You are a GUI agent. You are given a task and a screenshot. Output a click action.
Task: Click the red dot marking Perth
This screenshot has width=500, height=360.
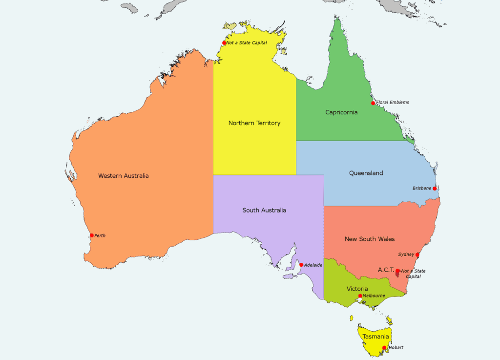(x=92, y=235)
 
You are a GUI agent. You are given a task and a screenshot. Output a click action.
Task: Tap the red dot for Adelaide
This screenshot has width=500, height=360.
(x=301, y=265)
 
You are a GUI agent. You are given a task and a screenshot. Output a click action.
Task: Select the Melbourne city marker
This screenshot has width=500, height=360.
(x=360, y=296)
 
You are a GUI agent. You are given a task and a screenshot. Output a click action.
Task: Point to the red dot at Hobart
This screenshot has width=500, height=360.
(x=384, y=348)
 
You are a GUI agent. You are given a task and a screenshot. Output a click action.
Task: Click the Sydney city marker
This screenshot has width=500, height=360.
(x=417, y=254)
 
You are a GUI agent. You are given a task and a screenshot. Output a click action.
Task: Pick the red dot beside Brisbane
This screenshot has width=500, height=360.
(x=435, y=189)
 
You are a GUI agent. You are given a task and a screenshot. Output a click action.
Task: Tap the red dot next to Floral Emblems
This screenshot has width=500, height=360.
(x=373, y=103)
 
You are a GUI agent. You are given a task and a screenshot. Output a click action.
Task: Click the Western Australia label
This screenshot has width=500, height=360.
(x=123, y=176)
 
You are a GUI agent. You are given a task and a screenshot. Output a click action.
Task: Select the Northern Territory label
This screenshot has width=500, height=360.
(x=254, y=123)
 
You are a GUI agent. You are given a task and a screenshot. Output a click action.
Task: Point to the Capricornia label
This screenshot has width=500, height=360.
(x=341, y=112)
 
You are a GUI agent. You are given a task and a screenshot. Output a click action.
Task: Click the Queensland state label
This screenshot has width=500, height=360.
(x=366, y=173)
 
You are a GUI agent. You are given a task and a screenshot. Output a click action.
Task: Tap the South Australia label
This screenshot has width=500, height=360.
(x=264, y=211)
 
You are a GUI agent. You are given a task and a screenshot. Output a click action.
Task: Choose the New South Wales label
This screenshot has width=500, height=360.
(x=369, y=239)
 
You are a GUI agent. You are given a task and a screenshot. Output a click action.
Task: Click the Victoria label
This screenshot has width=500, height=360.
(x=357, y=289)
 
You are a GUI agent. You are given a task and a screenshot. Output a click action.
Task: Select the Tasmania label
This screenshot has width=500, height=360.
(x=375, y=337)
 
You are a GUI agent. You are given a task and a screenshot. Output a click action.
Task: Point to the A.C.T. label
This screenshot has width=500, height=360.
(x=386, y=270)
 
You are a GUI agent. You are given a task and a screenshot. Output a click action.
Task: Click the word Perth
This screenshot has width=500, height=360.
(x=100, y=235)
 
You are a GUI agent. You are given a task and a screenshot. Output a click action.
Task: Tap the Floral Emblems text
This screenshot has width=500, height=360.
(x=393, y=103)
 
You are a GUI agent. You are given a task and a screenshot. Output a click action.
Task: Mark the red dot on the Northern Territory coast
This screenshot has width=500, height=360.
(x=224, y=43)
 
